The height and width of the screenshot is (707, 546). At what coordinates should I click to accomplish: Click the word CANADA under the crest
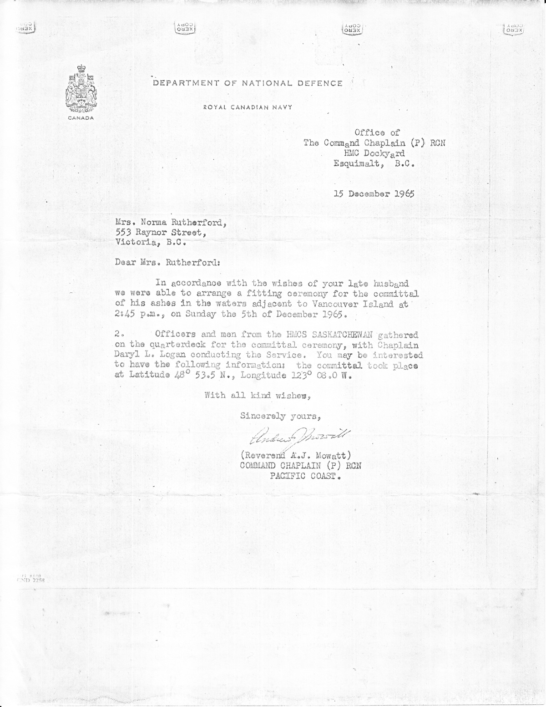point(82,118)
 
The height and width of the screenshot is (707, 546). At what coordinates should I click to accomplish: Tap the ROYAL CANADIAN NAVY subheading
point(248,107)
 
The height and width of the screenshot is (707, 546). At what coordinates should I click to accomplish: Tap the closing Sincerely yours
point(281,415)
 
